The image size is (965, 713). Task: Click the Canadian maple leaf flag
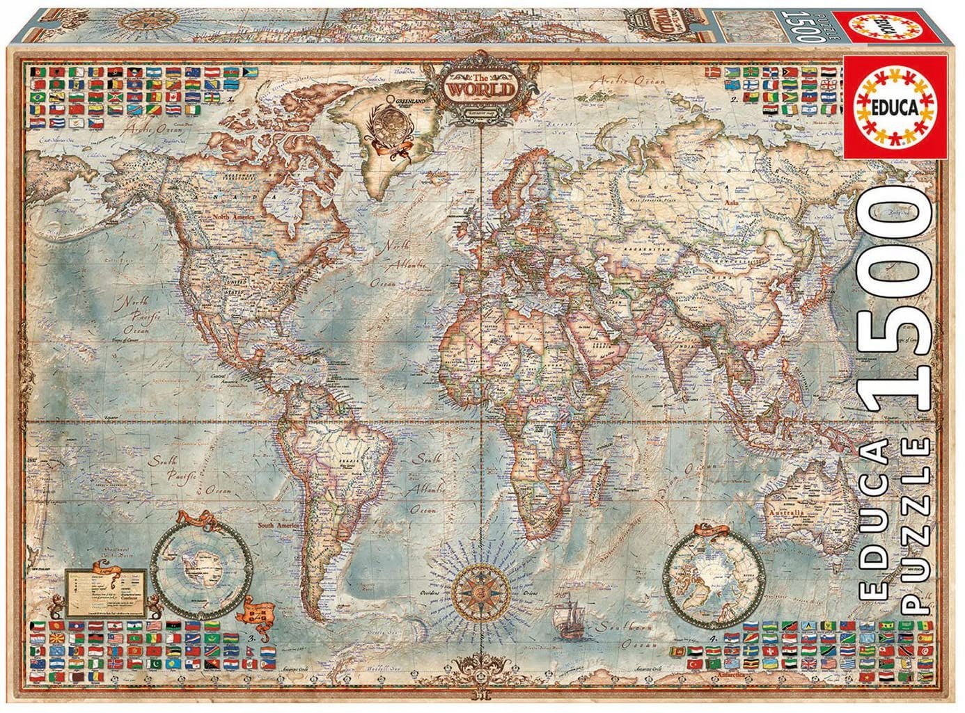click(173, 97)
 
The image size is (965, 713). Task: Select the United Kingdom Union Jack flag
click(809, 664)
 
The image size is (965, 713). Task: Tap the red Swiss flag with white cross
click(770, 651)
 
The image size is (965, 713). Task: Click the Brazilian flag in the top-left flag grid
click(38, 97)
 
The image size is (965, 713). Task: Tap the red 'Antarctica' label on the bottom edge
click(731, 675)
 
